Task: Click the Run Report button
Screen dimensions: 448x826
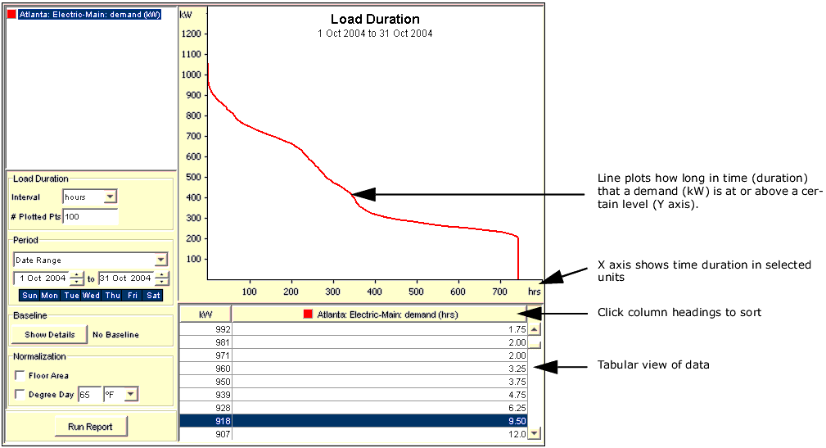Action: point(90,427)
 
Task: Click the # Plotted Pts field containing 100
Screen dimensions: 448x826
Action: point(90,216)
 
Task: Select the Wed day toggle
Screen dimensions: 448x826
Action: point(91,295)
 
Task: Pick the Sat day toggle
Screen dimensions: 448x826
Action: point(153,295)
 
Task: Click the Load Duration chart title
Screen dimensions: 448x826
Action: point(375,19)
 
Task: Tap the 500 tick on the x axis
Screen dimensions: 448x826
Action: point(417,292)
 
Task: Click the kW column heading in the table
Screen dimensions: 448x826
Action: point(205,315)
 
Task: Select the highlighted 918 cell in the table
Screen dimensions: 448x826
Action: point(205,421)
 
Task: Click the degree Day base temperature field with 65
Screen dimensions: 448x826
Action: point(89,395)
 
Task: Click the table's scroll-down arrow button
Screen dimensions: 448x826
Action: point(535,433)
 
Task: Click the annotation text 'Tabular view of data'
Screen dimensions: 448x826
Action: point(653,364)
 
